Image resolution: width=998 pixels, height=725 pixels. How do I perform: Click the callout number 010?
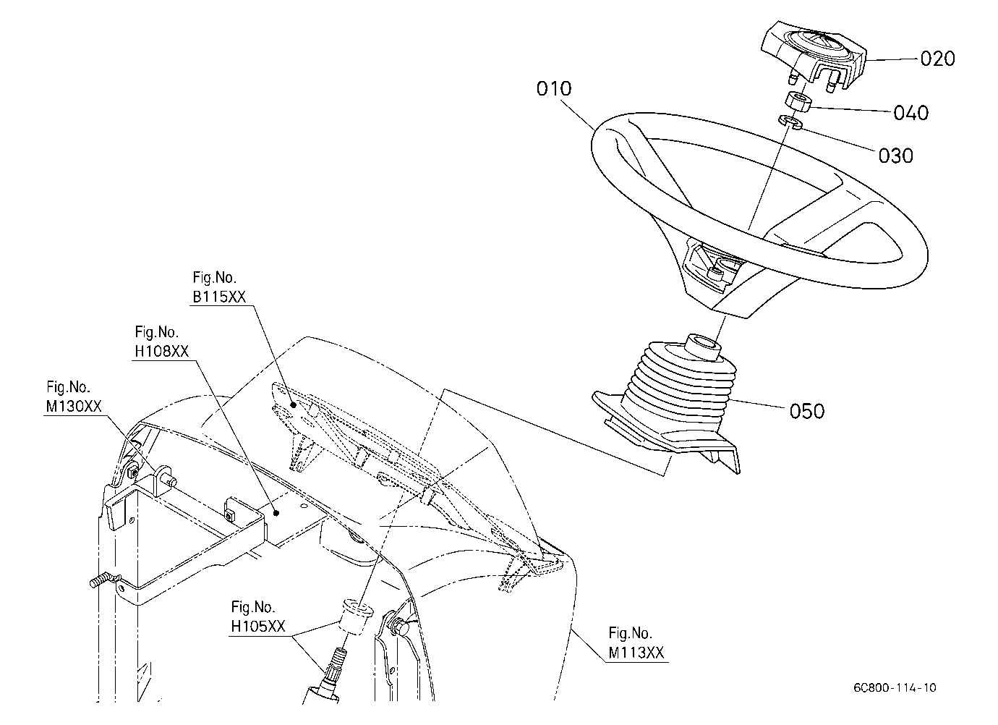(554, 89)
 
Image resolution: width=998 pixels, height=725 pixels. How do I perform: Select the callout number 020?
(938, 59)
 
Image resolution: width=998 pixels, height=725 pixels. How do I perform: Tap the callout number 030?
(896, 156)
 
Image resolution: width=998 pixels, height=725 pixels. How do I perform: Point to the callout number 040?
(911, 114)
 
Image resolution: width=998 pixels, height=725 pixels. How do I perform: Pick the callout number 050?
(807, 411)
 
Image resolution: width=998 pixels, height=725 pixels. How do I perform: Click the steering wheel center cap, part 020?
(814, 56)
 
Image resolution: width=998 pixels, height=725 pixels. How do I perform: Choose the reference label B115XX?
(219, 297)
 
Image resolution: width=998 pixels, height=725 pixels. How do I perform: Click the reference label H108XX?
(162, 352)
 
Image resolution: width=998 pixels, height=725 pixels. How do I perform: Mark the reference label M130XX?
(74, 406)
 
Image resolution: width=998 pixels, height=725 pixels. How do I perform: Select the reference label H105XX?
(258, 626)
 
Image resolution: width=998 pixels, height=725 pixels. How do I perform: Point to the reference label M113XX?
(636, 653)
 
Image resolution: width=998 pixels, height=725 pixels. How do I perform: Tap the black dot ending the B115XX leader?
(294, 405)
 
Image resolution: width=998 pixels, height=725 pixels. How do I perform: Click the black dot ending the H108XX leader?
(277, 513)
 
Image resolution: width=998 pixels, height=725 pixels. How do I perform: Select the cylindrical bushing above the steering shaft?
(356, 616)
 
